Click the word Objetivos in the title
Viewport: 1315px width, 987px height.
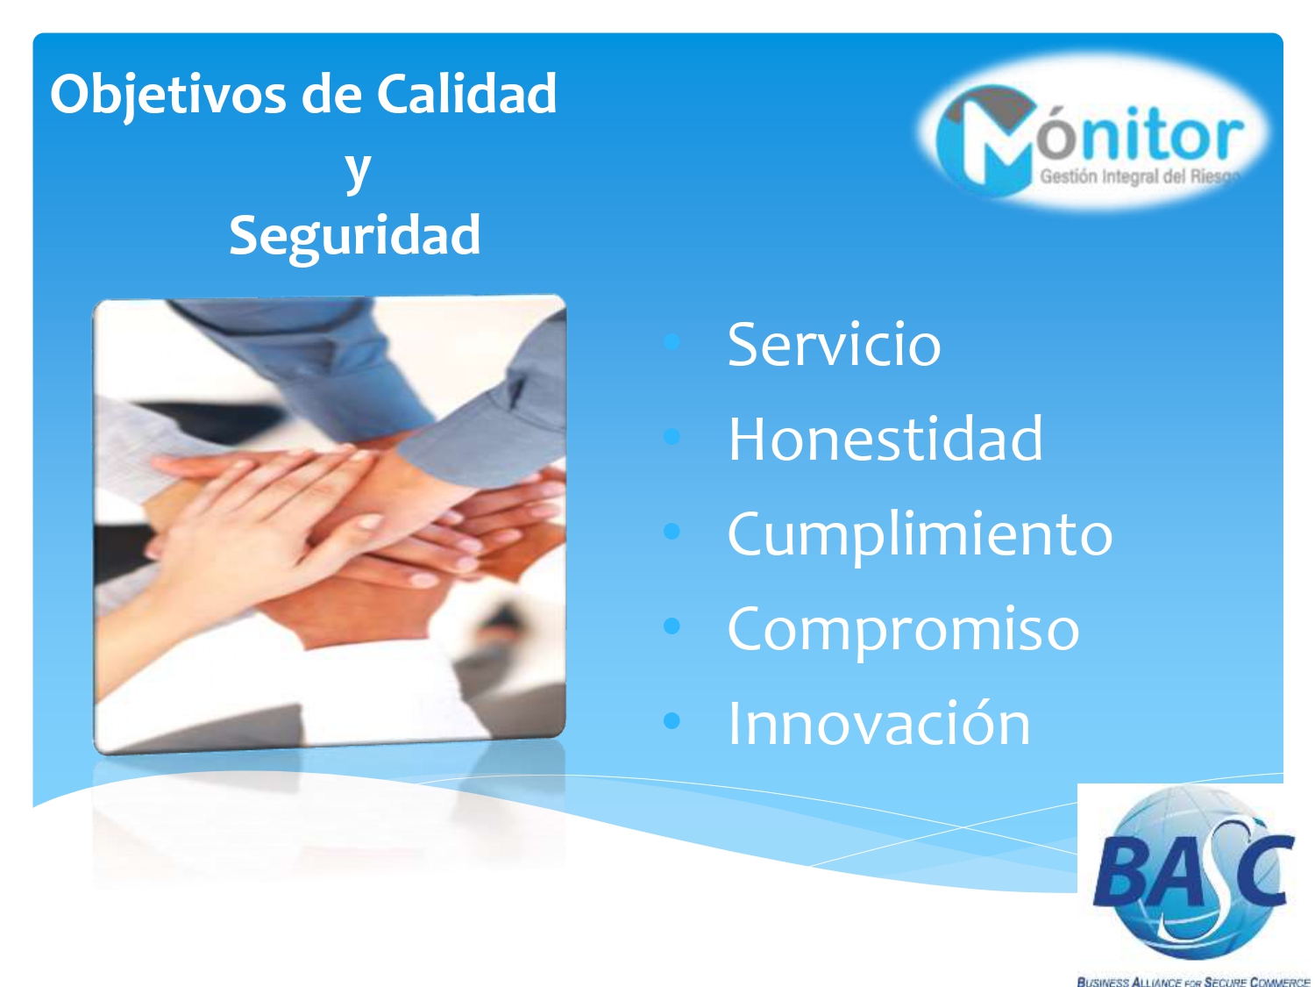(x=169, y=94)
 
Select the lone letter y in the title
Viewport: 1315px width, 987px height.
(x=358, y=171)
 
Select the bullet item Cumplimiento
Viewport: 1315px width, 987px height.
(x=920, y=535)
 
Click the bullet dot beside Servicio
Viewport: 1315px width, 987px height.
(x=672, y=341)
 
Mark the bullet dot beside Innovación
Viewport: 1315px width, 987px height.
(x=672, y=720)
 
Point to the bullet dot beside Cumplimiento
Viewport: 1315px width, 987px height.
(x=672, y=531)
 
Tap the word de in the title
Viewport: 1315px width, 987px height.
(x=332, y=94)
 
